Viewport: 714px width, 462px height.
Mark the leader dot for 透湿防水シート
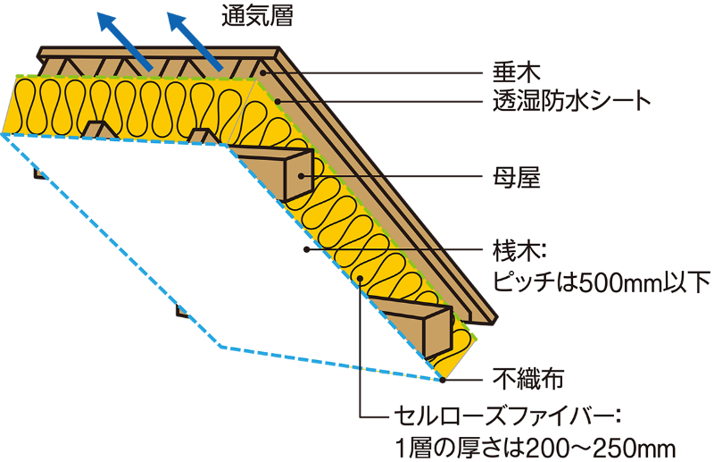278,98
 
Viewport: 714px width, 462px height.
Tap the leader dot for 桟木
307,248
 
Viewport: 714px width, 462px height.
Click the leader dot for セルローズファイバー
360,280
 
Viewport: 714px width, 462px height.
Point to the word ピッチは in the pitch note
535,281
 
